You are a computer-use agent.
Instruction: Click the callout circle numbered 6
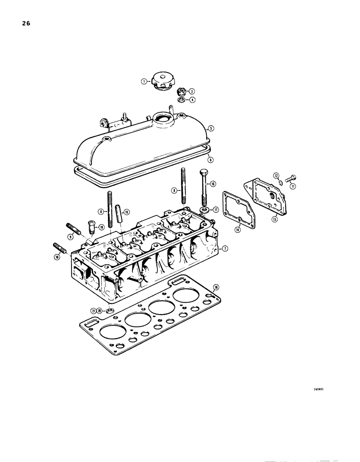point(210,159)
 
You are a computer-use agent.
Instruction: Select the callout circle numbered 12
point(276,176)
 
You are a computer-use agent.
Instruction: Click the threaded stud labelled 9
point(74,229)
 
